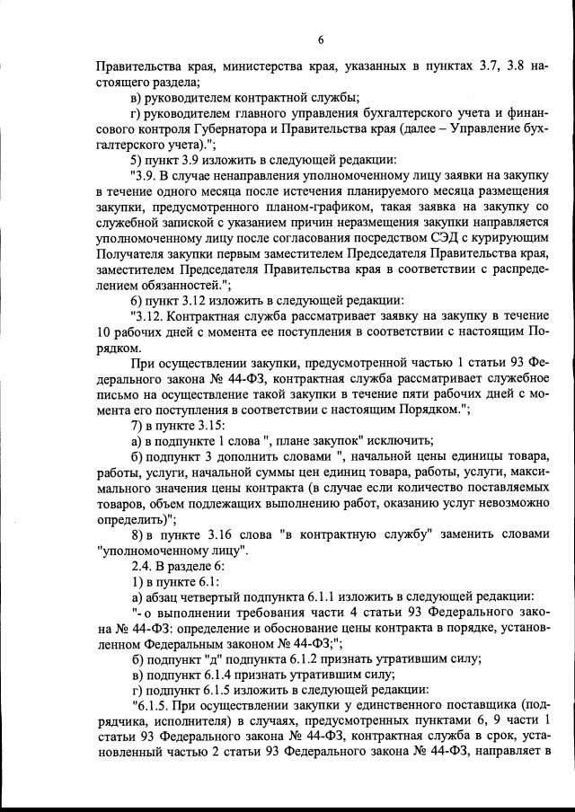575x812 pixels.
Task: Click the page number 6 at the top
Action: coord(320,38)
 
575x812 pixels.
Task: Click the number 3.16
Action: coord(221,534)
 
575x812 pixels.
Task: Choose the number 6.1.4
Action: coord(222,675)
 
